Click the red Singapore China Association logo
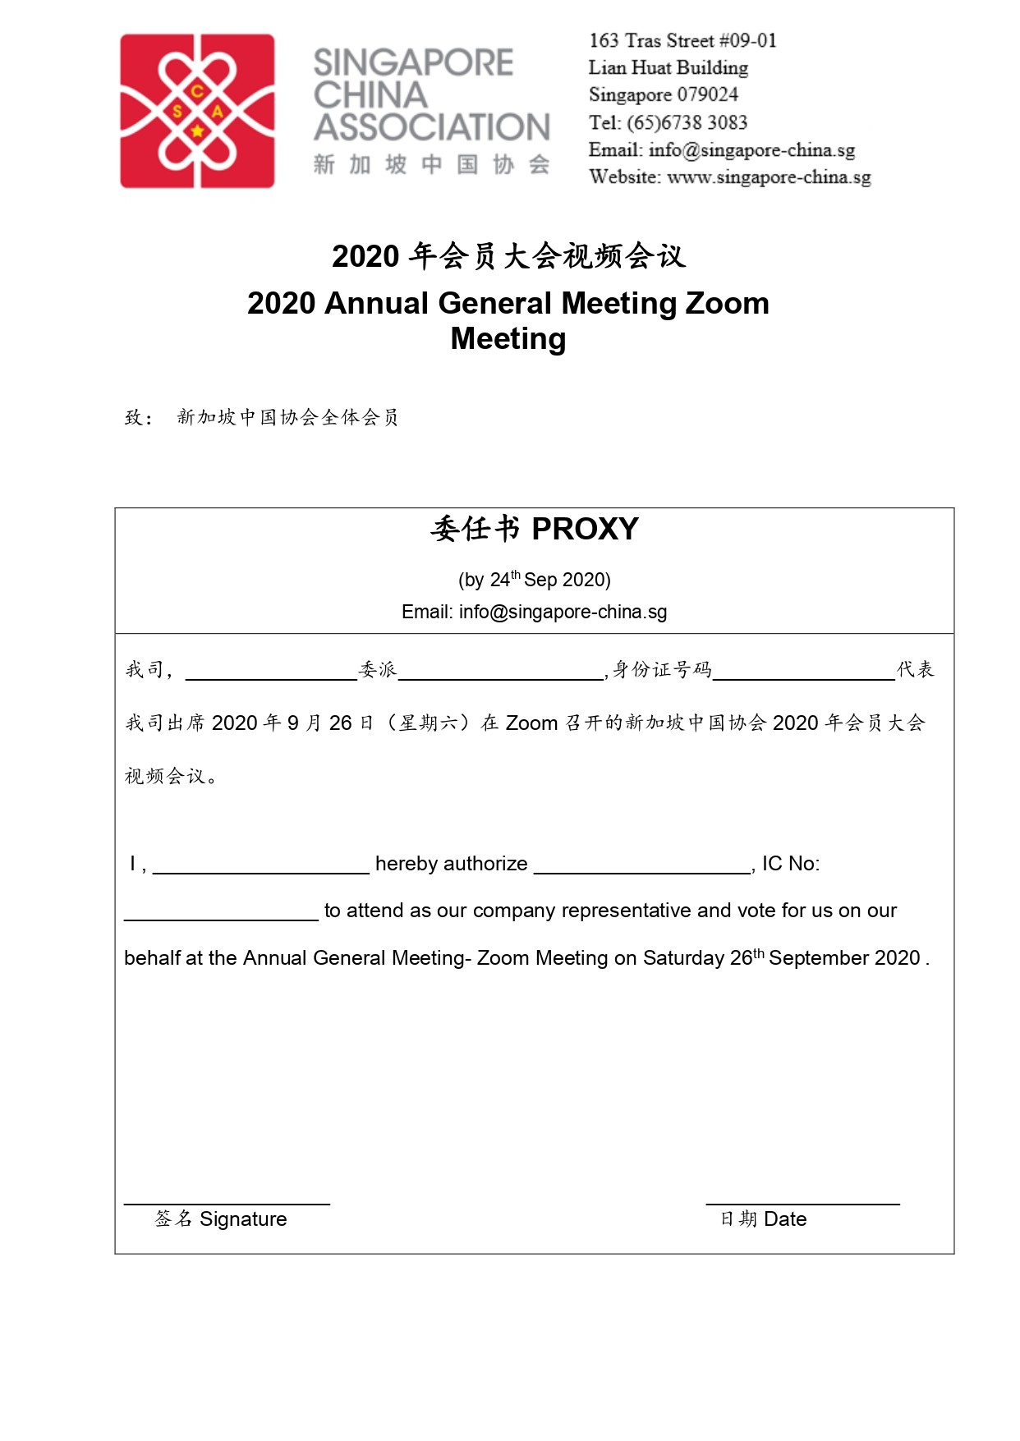[x=197, y=111]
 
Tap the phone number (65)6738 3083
[x=687, y=123]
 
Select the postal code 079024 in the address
[x=707, y=95]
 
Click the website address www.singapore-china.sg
[x=769, y=177]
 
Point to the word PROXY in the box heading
[x=585, y=530]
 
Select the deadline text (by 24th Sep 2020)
[x=534, y=580]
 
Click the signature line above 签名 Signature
[x=227, y=1203]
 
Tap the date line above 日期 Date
[x=802, y=1203]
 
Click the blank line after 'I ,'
[x=261, y=872]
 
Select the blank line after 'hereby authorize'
[x=642, y=872]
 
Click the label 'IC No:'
[x=790, y=864]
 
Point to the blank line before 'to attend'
[x=221, y=919]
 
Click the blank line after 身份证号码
[x=803, y=678]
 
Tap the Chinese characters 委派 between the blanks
[x=378, y=670]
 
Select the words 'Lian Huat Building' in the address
[x=668, y=68]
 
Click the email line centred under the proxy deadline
[x=534, y=612]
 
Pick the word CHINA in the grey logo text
[x=370, y=95]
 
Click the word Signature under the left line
[x=243, y=1219]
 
